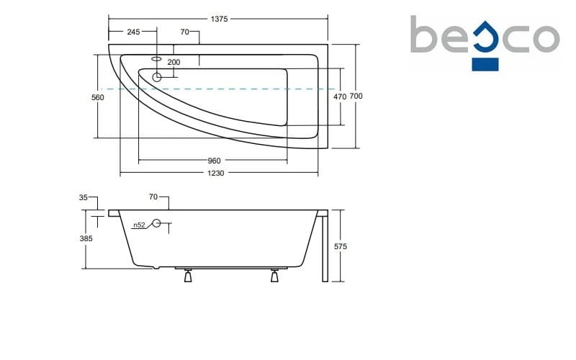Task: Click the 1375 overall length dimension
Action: point(219,19)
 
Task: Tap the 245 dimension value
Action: point(133,32)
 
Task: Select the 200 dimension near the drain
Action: point(174,62)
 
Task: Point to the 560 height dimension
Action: point(98,97)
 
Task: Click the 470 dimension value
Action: point(340,96)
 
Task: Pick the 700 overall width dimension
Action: point(356,96)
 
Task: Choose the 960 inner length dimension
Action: point(214,161)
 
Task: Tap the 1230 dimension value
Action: point(215,173)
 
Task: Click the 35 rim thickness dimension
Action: point(84,197)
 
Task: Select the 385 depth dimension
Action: point(86,238)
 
